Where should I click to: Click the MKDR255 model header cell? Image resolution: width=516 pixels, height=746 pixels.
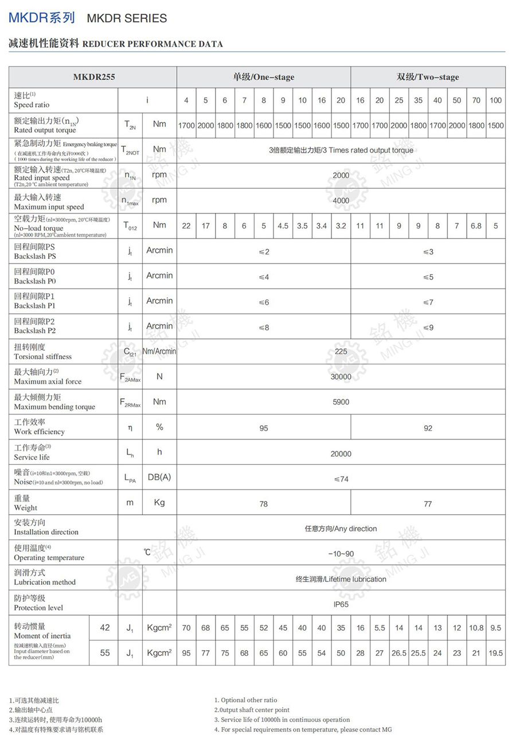click(x=93, y=77)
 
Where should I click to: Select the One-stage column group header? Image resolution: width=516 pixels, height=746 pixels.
click(x=263, y=77)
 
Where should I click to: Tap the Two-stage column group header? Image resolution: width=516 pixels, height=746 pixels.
click(x=428, y=77)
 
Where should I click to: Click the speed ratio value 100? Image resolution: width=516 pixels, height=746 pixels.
click(x=495, y=100)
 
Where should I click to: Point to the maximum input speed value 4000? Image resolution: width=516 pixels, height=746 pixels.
click(x=341, y=201)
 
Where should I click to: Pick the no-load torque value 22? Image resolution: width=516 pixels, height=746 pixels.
click(x=186, y=226)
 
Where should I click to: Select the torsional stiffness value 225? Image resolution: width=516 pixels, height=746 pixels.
click(x=341, y=351)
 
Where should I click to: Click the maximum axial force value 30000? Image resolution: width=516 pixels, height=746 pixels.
click(x=341, y=376)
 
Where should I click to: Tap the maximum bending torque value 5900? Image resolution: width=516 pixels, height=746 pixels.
click(x=341, y=402)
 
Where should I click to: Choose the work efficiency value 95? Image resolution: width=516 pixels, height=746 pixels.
click(x=263, y=428)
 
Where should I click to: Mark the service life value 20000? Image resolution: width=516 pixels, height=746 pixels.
click(x=341, y=453)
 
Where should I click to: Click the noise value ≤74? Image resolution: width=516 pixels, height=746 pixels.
click(x=341, y=479)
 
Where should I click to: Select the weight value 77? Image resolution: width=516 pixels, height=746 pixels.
click(x=428, y=504)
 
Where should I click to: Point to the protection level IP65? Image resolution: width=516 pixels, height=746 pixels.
click(x=341, y=604)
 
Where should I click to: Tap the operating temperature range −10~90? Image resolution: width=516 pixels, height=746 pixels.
click(x=341, y=554)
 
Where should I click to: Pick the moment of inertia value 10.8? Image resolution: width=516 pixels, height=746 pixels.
click(x=476, y=628)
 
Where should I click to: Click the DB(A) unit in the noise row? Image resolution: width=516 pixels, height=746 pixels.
click(x=159, y=477)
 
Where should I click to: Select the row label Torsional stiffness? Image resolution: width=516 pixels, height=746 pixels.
click(x=43, y=356)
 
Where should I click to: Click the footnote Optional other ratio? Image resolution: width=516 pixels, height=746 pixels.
click(x=245, y=700)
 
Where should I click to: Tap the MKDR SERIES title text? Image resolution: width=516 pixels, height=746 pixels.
click(x=127, y=18)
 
